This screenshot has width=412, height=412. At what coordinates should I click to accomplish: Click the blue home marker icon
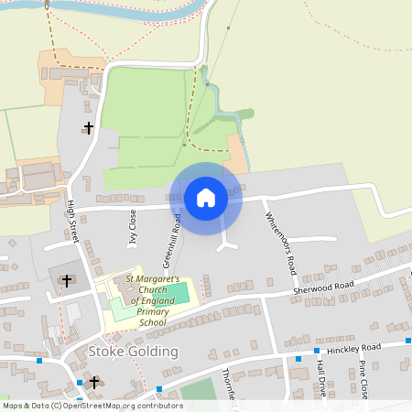click(x=206, y=197)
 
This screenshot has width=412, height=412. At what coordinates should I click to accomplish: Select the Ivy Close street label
click(x=133, y=227)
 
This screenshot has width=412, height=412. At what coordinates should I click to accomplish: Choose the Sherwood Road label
click(x=323, y=287)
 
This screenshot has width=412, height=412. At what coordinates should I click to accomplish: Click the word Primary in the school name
click(x=152, y=311)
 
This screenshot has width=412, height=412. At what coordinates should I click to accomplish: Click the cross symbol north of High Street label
click(x=89, y=128)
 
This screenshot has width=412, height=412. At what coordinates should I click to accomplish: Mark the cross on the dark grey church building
click(x=67, y=280)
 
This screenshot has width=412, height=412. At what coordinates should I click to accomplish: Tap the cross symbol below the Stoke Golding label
click(x=93, y=380)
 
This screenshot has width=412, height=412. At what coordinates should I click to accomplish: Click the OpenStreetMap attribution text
click(x=92, y=405)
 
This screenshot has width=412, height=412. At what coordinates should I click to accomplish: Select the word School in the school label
click(x=152, y=322)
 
